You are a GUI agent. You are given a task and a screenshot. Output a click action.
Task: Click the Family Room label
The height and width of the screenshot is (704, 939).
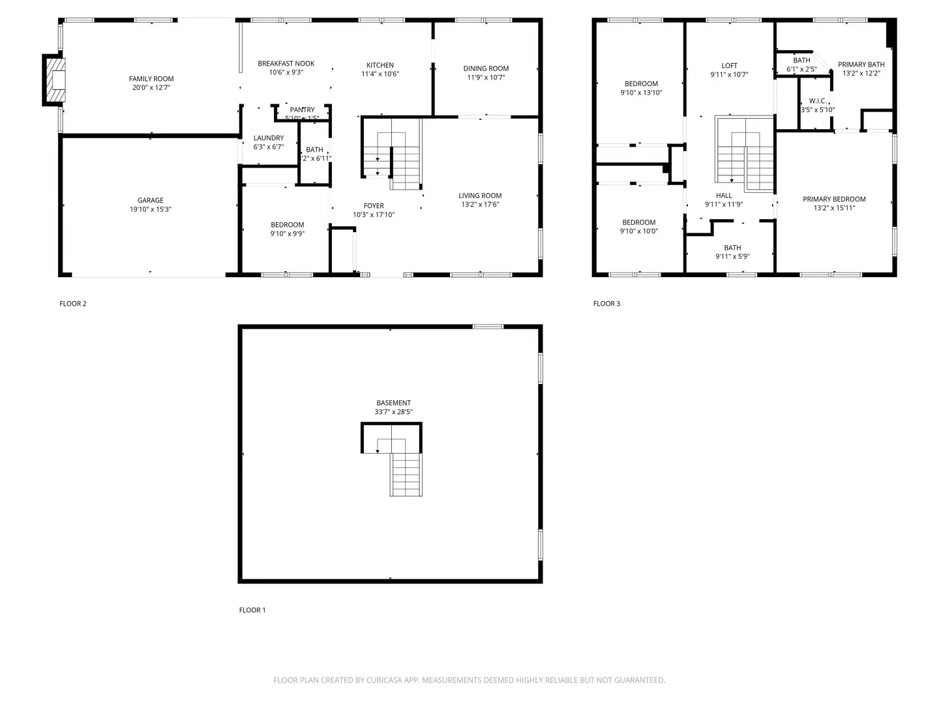[151, 79]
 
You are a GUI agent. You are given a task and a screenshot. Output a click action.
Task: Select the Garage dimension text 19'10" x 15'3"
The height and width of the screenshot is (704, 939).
[151, 210]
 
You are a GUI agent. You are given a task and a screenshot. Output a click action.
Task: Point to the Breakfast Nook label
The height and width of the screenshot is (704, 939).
[286, 63]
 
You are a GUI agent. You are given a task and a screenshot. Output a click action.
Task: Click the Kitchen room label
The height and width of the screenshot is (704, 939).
[380, 65]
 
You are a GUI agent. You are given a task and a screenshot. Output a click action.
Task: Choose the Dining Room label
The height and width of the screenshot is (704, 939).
[486, 68]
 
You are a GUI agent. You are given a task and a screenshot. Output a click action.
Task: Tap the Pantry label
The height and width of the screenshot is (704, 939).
[302, 110]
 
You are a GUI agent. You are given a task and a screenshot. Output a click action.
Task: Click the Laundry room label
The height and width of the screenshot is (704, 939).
[269, 138]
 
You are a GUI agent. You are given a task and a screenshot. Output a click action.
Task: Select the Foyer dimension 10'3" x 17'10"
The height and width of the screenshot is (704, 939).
[374, 215]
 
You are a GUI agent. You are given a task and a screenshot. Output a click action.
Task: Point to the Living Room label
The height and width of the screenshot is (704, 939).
[480, 196]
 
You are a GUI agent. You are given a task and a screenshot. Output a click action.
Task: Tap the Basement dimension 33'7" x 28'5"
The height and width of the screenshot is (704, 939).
[393, 412]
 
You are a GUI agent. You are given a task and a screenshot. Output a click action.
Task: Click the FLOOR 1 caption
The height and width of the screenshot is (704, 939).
[252, 610]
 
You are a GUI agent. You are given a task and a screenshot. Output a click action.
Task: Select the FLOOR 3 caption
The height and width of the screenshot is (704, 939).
[606, 304]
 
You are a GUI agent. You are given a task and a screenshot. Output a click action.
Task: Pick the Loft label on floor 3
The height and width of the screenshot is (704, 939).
[729, 65]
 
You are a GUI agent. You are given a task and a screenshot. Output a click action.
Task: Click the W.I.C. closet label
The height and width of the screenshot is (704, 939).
[818, 101]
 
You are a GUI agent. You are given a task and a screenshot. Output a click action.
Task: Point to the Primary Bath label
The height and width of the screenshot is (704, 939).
[861, 65]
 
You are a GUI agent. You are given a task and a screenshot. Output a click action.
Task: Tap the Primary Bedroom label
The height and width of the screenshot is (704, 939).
[834, 199]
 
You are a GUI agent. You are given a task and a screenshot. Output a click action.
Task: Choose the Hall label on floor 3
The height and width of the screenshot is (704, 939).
[724, 196]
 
